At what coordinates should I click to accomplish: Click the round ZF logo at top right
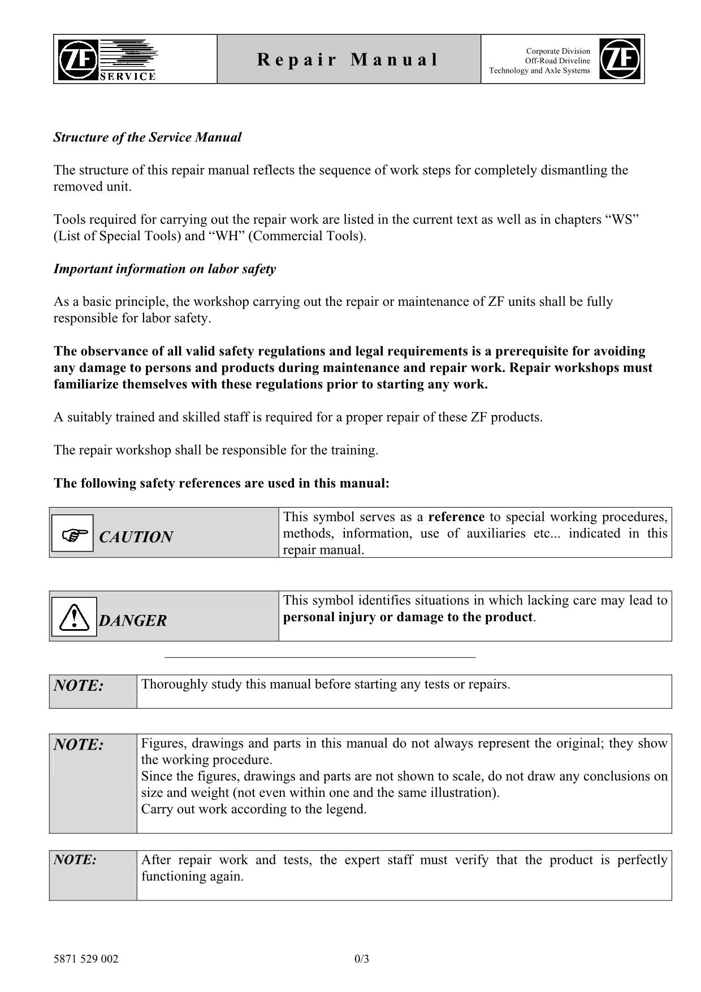(x=620, y=59)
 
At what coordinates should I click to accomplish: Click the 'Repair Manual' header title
(x=348, y=59)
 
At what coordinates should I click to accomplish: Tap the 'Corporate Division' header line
(x=557, y=51)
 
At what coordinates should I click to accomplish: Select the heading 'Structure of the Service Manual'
(x=147, y=137)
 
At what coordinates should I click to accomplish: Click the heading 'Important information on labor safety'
(x=165, y=269)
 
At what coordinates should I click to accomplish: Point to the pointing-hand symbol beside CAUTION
(x=72, y=534)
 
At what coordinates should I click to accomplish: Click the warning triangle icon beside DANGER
(x=73, y=617)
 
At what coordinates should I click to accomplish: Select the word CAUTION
(x=136, y=537)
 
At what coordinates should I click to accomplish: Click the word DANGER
(x=133, y=621)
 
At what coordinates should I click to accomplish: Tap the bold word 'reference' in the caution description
(x=456, y=517)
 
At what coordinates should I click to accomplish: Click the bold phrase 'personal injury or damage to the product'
(x=408, y=617)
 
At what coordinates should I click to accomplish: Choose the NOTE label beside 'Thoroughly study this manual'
(x=79, y=686)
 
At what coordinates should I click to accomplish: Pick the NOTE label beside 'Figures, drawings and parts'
(x=79, y=745)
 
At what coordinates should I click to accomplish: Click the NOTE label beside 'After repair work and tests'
(x=75, y=860)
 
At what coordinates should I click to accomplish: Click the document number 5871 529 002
(x=86, y=959)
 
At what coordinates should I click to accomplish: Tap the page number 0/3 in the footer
(x=362, y=959)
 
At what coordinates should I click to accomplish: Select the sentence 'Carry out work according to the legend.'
(x=254, y=809)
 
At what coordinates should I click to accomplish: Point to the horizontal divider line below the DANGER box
(x=320, y=657)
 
